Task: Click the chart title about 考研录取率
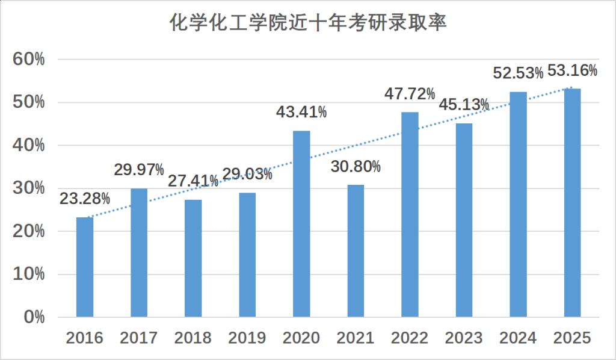(x=307, y=24)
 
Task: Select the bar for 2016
(x=85, y=267)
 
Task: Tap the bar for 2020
(x=301, y=223)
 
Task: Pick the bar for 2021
(x=356, y=250)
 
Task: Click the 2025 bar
(x=572, y=202)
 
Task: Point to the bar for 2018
(x=193, y=258)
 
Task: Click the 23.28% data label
(x=85, y=198)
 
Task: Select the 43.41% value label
(x=301, y=112)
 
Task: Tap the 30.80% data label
(x=356, y=166)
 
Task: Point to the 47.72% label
(x=410, y=94)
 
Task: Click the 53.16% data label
(x=572, y=70)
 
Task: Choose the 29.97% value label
(x=139, y=170)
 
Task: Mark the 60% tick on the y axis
(x=28, y=60)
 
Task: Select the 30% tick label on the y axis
(x=28, y=188)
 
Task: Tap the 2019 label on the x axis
(x=247, y=338)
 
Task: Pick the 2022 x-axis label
(x=410, y=338)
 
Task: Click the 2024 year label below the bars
(x=518, y=338)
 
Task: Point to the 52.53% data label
(x=518, y=73)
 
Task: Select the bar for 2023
(x=464, y=220)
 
